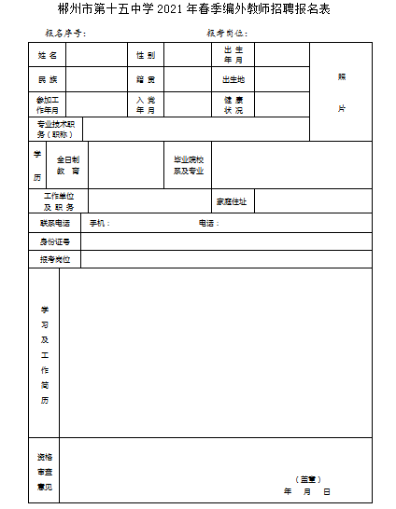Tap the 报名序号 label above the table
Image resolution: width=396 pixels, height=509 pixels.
(x=65, y=33)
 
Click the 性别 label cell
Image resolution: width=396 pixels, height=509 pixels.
(x=145, y=55)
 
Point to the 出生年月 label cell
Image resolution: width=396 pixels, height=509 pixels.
(x=233, y=55)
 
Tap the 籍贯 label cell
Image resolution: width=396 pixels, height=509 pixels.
(x=145, y=79)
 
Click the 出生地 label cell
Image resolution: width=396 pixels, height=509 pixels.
(x=233, y=79)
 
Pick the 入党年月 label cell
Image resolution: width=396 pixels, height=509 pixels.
(x=145, y=104)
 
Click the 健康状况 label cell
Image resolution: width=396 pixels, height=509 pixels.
(x=233, y=104)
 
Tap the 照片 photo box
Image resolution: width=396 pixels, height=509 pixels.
(x=341, y=92)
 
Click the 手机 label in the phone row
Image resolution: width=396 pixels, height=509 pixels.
(x=99, y=224)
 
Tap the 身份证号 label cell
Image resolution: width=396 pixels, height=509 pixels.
(x=54, y=241)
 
